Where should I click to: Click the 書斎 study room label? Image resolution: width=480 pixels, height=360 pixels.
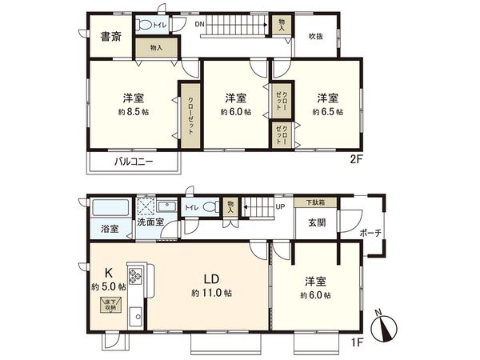click(x=111, y=35)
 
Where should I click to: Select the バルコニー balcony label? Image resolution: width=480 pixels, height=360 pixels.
click(x=133, y=161)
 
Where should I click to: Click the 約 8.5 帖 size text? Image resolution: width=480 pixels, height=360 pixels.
click(x=133, y=112)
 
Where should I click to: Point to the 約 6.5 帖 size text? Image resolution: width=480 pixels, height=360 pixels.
click(x=328, y=112)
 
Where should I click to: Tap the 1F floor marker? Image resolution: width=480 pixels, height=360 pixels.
click(x=356, y=341)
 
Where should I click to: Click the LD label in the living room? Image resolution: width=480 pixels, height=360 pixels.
click(x=210, y=279)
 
